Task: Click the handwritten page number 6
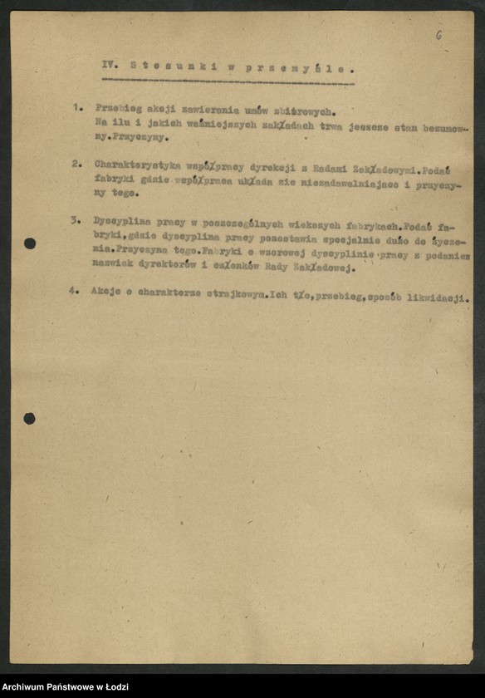[x=438, y=36]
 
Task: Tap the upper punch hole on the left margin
[x=30, y=243]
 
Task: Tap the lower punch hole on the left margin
[x=29, y=418]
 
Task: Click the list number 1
[x=76, y=108]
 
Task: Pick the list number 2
[x=76, y=164]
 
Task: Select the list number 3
[x=75, y=221]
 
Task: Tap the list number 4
[x=73, y=292]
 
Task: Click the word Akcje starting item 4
[x=105, y=292]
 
